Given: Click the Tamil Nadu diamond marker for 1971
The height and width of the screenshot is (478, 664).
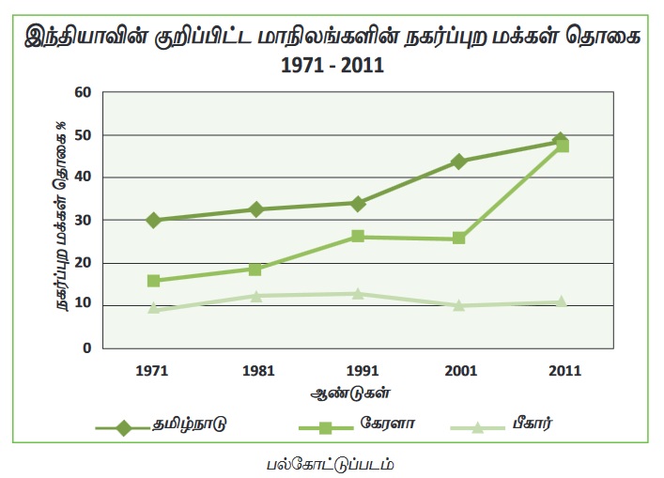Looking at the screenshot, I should point(152,220).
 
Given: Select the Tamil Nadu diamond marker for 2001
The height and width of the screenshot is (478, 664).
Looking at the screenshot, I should point(458,162).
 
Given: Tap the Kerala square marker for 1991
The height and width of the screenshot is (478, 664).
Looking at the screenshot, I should point(357,237).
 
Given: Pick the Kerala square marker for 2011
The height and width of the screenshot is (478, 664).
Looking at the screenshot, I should point(562,146).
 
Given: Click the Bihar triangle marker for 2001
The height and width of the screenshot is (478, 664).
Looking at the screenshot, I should point(458,305).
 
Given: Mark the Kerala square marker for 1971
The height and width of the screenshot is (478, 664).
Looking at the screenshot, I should point(152,281).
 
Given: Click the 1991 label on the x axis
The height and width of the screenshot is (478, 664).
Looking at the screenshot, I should point(357,371).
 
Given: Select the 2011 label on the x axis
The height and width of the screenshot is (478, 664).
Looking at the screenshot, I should point(562,371).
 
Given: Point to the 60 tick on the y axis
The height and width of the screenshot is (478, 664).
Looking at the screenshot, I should point(84,92).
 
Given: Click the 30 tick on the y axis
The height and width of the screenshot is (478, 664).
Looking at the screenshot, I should point(84,220).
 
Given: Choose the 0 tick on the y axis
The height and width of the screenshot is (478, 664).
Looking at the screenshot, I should point(86,347).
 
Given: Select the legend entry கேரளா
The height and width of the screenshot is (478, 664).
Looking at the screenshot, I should point(388,424).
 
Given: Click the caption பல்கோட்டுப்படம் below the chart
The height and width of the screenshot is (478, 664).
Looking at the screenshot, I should point(331,463).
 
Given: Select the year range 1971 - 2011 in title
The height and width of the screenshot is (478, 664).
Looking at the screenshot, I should point(332,68).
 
